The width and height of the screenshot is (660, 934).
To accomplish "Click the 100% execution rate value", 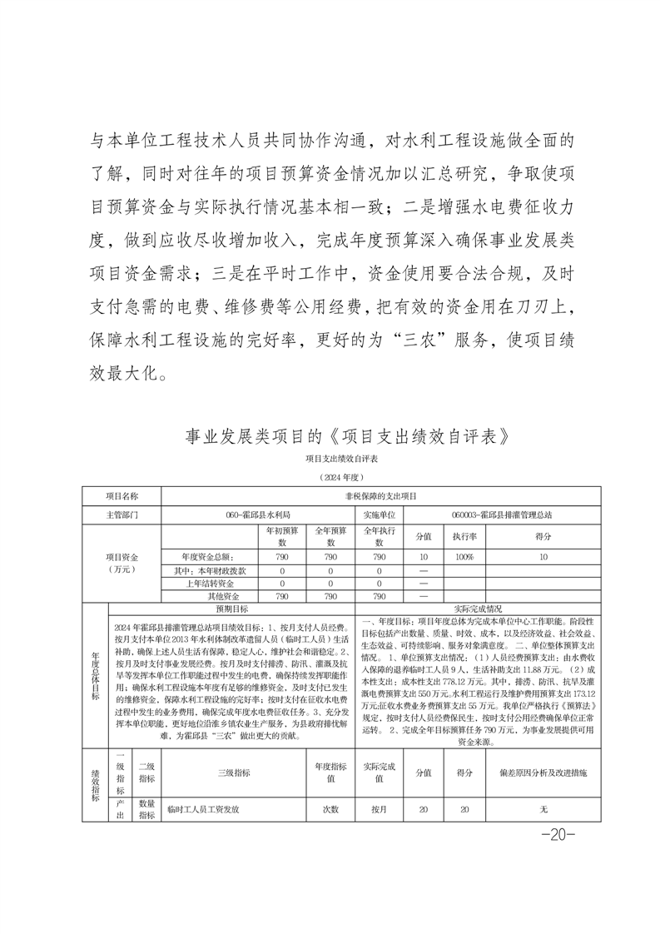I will pos(464,557).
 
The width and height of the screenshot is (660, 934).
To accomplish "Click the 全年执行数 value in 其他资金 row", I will pos(379,597).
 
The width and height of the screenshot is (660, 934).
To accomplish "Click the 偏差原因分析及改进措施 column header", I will pos(543,773).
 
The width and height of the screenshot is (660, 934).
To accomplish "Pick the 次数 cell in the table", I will pos(330,809).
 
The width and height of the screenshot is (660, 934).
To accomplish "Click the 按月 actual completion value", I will pos(379,809).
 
